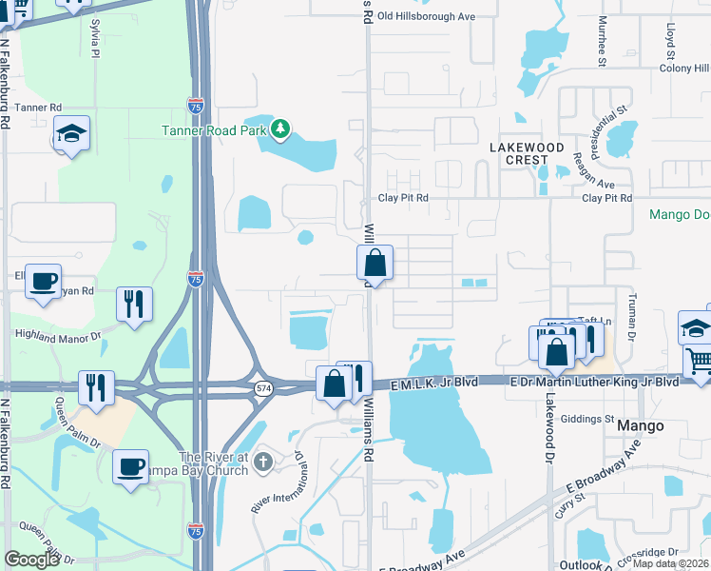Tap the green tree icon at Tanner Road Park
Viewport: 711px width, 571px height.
(279, 128)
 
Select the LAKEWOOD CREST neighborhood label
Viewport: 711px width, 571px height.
(527, 153)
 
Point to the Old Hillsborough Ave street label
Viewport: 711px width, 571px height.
(426, 16)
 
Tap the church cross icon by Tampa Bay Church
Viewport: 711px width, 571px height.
(264, 462)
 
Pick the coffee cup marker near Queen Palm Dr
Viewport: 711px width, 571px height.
(131, 466)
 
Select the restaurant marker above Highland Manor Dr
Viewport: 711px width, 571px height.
(133, 305)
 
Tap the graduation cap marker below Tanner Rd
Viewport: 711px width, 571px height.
(71, 134)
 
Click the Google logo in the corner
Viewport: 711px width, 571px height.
(31, 560)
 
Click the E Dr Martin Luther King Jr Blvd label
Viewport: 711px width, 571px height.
(593, 382)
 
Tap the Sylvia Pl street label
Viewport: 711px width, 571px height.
(95, 43)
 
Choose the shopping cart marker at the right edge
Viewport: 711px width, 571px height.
(699, 363)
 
